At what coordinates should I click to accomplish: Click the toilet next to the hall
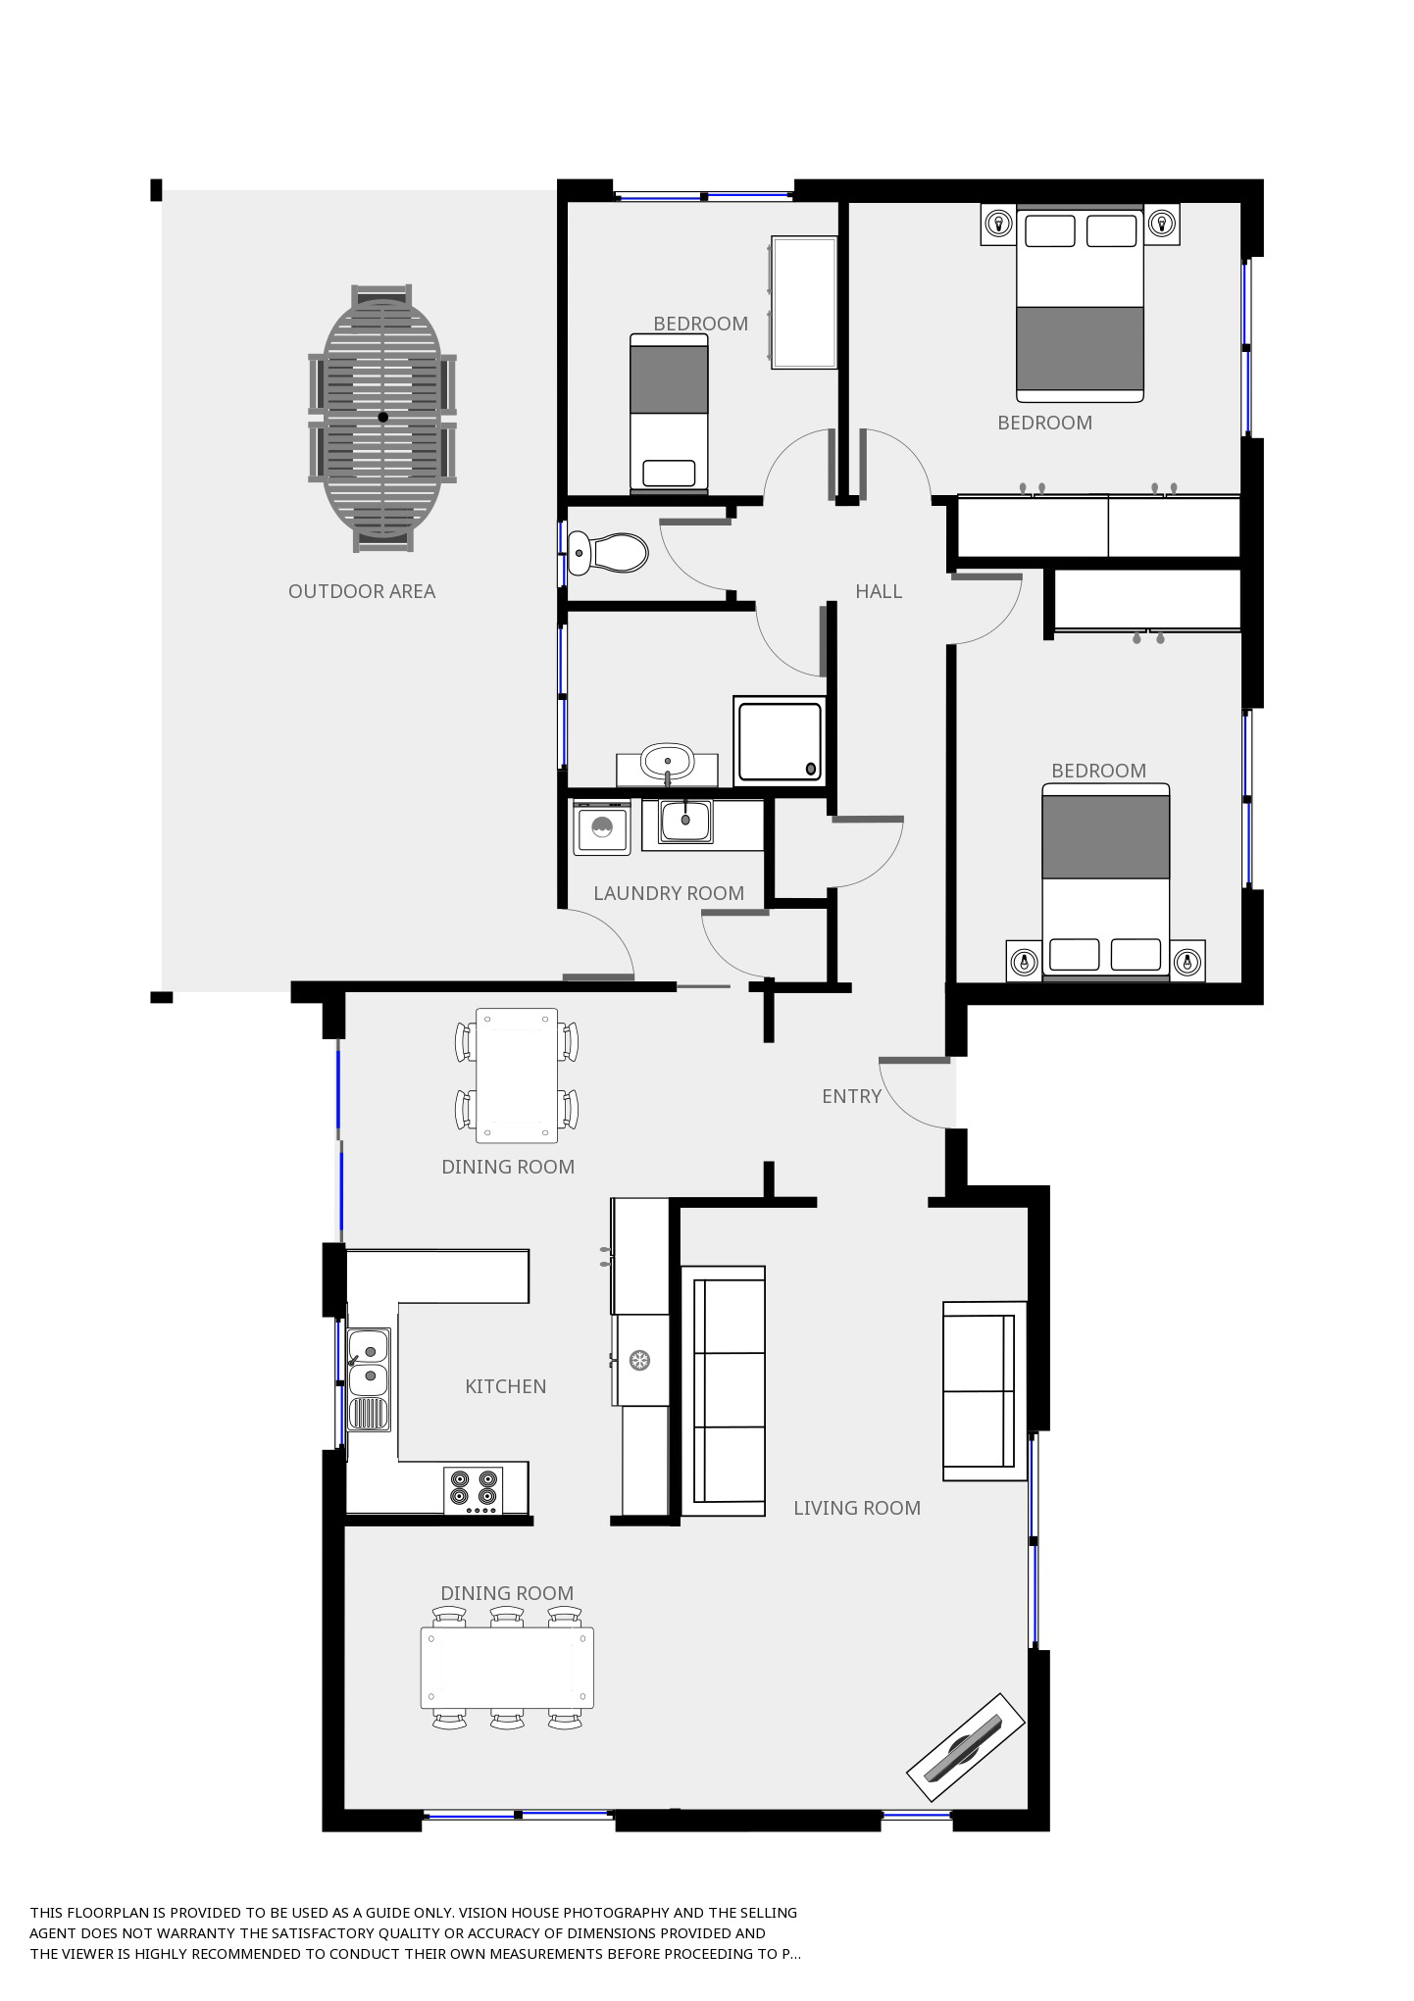point(608,553)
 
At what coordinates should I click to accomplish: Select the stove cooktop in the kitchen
point(473,1490)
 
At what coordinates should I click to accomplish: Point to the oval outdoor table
point(382,418)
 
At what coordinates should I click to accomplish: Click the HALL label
point(879,591)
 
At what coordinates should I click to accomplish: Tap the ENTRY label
point(851,1096)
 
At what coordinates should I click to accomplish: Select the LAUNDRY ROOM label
point(669,893)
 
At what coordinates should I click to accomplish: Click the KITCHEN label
point(505,1386)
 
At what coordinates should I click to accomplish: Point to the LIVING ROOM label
point(857,1508)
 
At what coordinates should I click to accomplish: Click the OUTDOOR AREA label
point(362,591)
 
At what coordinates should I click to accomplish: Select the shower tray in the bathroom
point(779,740)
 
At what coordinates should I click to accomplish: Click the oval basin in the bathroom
point(668,760)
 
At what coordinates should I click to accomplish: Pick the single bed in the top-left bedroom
point(669,413)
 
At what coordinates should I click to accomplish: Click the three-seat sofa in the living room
point(724,1391)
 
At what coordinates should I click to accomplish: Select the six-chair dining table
point(507,1668)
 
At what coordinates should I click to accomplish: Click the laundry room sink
point(685,821)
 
